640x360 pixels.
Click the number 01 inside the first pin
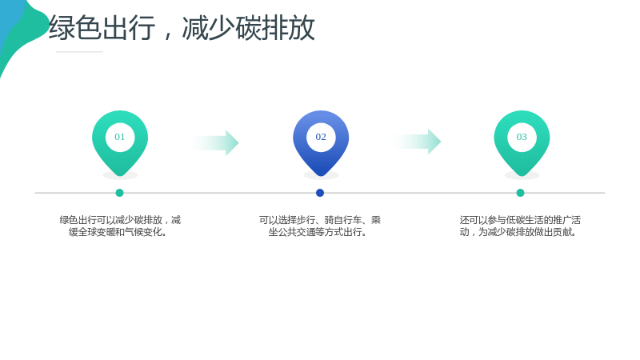(119, 137)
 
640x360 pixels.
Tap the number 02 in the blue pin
(321, 137)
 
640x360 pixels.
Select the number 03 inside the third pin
(522, 137)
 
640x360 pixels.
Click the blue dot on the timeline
(320, 193)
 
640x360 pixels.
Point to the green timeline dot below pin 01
(119, 193)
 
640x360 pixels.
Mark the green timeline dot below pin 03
(521, 193)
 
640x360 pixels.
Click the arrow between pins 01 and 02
(214, 143)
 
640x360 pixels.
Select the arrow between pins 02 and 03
(416, 142)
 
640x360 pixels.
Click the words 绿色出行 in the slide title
(102, 28)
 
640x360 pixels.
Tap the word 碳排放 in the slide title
(275, 28)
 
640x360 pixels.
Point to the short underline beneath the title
(79, 52)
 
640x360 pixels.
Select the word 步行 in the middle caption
(306, 220)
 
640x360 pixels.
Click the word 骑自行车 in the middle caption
(343, 220)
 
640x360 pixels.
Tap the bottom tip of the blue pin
(321, 176)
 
